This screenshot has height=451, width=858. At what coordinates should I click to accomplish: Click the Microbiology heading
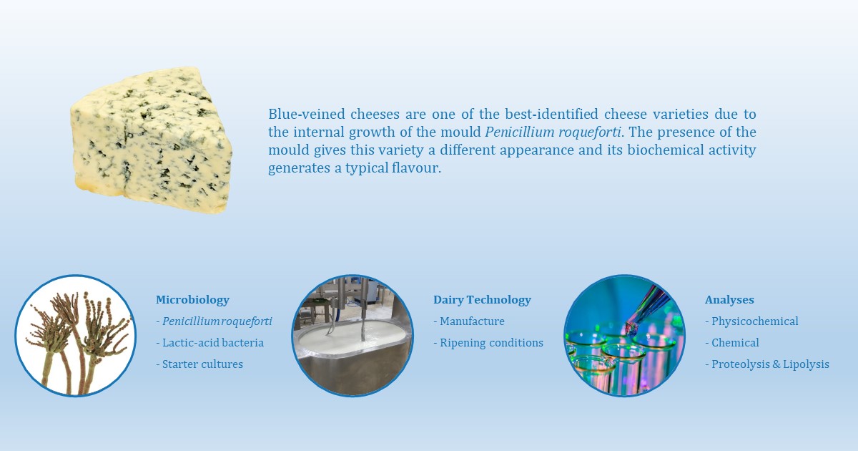192,300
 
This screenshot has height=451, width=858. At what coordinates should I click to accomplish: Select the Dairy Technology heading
482,300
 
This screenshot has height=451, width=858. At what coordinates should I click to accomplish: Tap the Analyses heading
729,300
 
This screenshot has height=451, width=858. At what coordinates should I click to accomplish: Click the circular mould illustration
75,336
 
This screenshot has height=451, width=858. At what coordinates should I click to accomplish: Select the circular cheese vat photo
352,336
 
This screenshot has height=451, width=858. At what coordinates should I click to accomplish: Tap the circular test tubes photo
624,336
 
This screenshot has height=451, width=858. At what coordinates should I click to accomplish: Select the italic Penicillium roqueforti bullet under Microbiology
216,321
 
